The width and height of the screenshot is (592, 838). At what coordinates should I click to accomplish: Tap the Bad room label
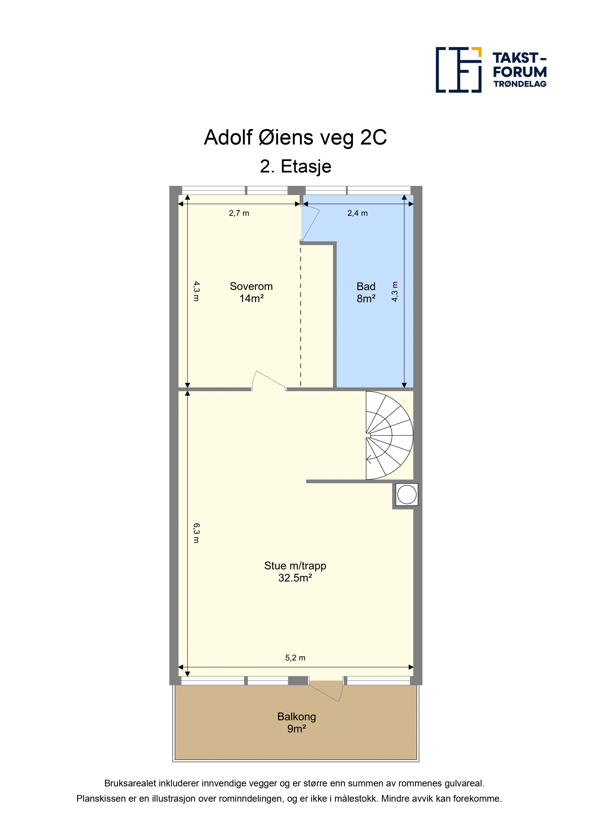pos(366,286)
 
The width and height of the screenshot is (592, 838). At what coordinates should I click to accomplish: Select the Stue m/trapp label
pos(295,566)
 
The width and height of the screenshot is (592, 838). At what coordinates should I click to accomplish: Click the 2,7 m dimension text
pos(239,213)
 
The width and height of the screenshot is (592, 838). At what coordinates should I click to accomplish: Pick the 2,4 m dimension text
pos(357,213)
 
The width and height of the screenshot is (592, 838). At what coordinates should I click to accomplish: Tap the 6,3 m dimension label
pos(196,533)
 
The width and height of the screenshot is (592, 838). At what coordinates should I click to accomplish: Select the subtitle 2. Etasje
pos(296,167)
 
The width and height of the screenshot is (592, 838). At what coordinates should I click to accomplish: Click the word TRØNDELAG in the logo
pos(520,84)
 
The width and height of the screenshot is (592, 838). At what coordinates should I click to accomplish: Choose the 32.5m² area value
pos(295,578)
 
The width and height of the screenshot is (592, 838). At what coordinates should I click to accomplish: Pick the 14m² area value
pos(251,299)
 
